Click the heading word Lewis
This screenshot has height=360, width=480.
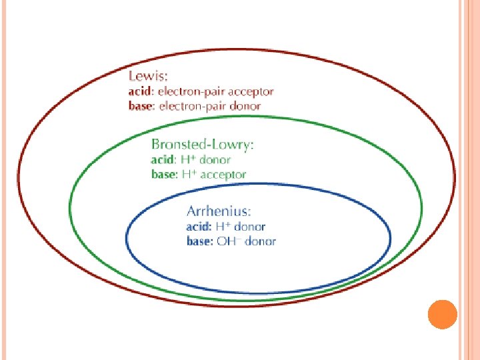point(147,77)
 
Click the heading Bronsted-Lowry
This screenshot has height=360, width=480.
point(203,144)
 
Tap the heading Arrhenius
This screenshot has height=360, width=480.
point(219,211)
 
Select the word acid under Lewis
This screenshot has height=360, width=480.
point(139,92)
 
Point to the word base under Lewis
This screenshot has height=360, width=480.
point(140,105)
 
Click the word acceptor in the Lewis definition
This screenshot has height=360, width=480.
point(251,92)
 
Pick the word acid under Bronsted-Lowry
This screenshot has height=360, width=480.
point(163,160)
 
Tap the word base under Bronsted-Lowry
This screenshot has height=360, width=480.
point(164,175)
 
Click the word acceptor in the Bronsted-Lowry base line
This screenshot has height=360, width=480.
point(223,175)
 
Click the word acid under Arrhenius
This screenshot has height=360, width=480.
point(197,227)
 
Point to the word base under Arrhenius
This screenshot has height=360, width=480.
point(199,241)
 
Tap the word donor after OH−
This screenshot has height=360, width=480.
point(261,241)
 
